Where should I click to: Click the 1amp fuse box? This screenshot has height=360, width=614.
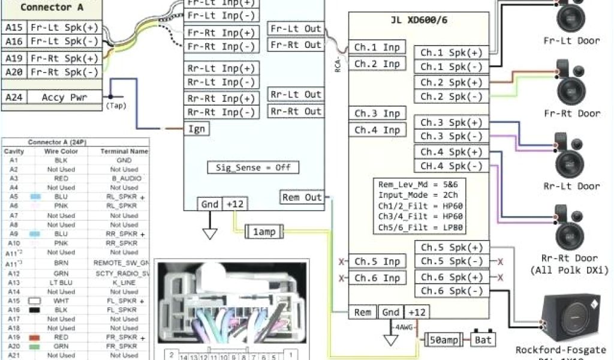click(x=264, y=231)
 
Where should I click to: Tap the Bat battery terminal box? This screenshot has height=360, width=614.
click(x=483, y=340)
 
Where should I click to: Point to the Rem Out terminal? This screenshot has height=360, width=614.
click(x=302, y=197)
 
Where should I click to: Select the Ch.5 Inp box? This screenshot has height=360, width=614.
click(x=377, y=262)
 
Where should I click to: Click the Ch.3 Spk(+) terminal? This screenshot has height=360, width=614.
click(x=452, y=122)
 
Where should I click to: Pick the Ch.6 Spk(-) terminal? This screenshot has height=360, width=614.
click(x=452, y=291)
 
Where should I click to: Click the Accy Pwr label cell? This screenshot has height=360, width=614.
click(x=62, y=97)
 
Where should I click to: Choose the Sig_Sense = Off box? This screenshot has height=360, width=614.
click(x=253, y=167)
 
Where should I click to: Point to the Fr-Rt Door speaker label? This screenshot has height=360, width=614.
click(x=571, y=113)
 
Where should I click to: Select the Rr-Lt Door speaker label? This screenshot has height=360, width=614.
click(x=571, y=186)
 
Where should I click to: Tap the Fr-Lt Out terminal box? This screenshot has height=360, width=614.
click(x=296, y=29)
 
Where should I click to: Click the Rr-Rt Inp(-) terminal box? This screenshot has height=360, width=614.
click(x=221, y=112)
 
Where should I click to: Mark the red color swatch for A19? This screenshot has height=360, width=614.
click(x=34, y=338)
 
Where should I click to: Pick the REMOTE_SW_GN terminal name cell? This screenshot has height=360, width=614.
click(x=120, y=263)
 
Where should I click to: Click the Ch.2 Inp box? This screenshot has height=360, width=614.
click(x=377, y=64)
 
